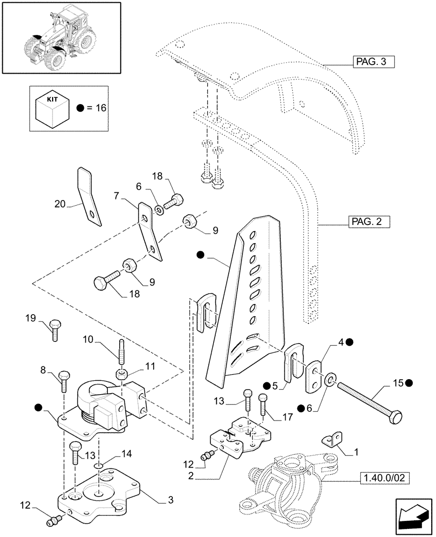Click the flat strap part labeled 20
pos(89,196)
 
